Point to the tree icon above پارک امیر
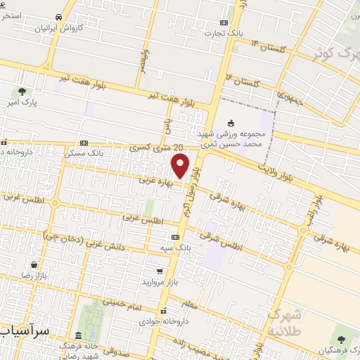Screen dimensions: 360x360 pos(22,91)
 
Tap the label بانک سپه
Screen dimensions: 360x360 pos(176,248)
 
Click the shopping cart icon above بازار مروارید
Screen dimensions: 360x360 pos(160,270)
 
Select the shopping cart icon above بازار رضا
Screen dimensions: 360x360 pos(34,265)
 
